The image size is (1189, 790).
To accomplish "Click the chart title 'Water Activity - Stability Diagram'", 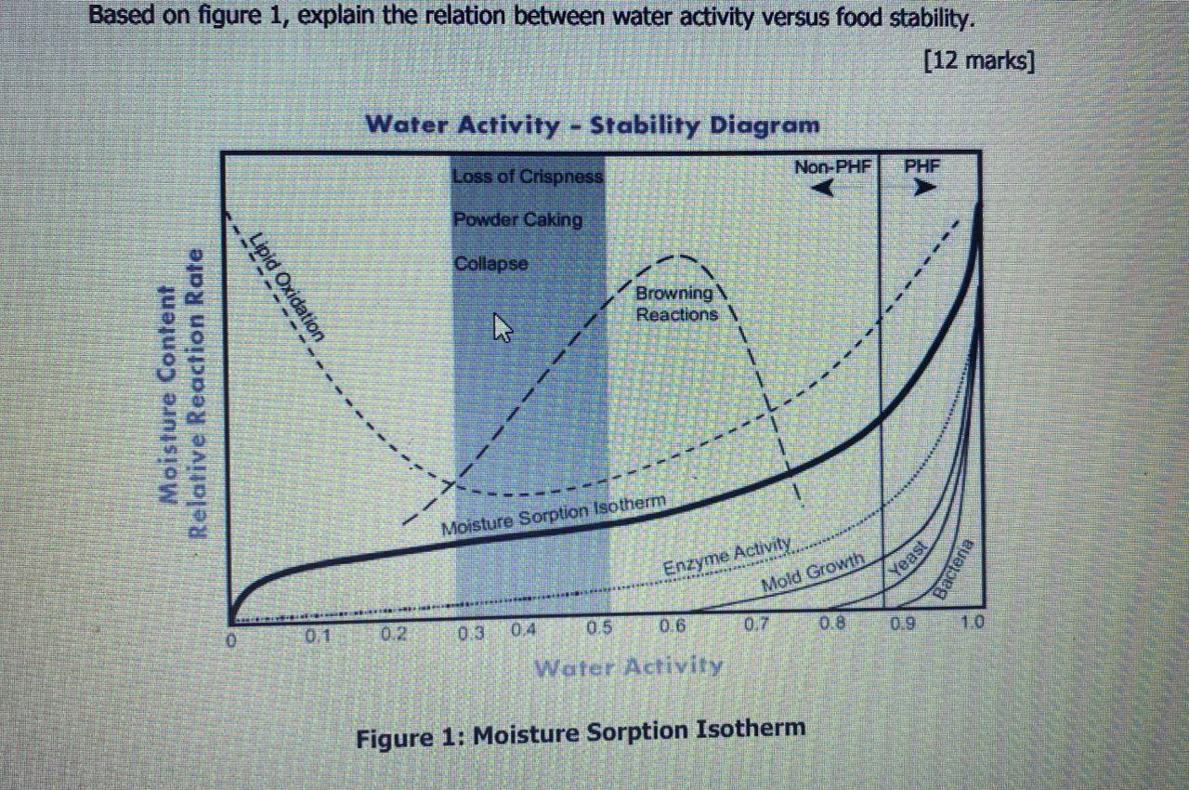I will [x=592, y=125].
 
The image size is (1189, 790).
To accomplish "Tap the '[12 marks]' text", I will [x=979, y=61].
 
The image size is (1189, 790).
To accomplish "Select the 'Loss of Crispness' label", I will [x=528, y=177].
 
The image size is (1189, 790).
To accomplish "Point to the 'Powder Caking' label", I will [x=517, y=220].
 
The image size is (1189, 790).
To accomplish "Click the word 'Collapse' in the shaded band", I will [x=490, y=264].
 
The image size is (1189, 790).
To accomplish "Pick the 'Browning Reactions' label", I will [x=675, y=304].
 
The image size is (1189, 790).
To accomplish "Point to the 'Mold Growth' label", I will [x=812, y=573].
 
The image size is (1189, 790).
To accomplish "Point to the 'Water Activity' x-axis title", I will [x=628, y=665].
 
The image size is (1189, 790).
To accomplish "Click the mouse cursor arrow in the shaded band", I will [x=502, y=327].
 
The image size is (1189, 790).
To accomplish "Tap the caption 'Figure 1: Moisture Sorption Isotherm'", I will [x=581, y=733].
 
